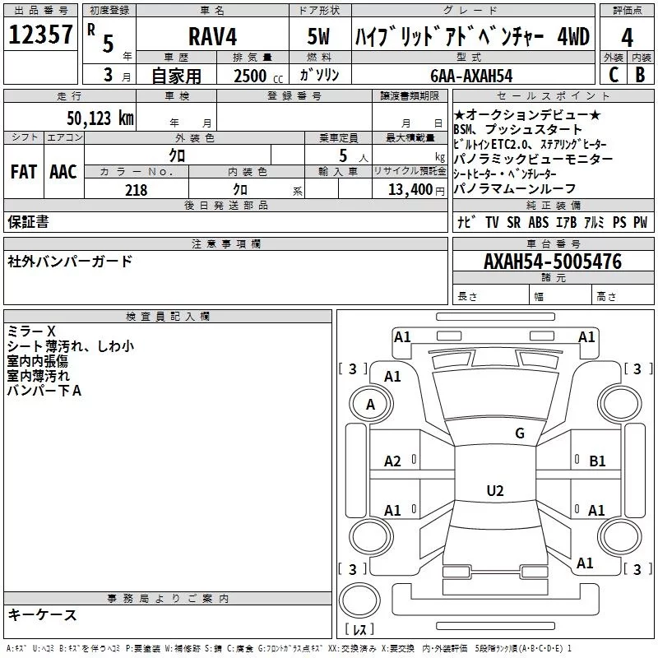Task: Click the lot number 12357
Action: point(41,36)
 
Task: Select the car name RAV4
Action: point(212,37)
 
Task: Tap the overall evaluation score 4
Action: point(628,37)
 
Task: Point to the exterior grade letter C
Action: point(613,74)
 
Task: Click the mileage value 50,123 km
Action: point(100,118)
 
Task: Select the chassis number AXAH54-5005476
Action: point(553,262)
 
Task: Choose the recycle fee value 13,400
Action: point(410,190)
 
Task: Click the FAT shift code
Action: point(23,172)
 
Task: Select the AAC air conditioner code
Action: point(63,172)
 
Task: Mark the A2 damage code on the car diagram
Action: point(393,461)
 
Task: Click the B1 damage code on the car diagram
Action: point(597,461)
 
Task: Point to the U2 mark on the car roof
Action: point(494,491)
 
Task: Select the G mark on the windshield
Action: point(519,433)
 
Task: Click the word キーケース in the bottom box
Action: point(42,615)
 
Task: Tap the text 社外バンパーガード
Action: point(69,262)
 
